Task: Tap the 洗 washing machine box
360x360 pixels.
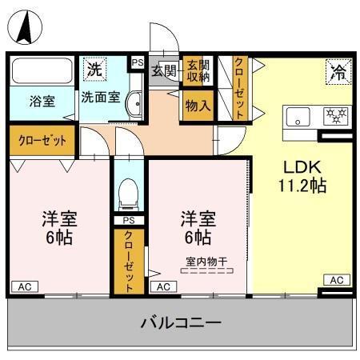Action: click(95, 69)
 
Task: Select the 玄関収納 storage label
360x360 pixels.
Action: click(197, 71)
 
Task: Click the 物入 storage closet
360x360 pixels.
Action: click(197, 105)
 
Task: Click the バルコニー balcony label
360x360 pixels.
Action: click(181, 324)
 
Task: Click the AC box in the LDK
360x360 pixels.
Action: click(336, 279)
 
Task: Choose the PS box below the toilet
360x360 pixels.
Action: click(127, 220)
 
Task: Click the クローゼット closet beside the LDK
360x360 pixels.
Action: click(239, 88)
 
